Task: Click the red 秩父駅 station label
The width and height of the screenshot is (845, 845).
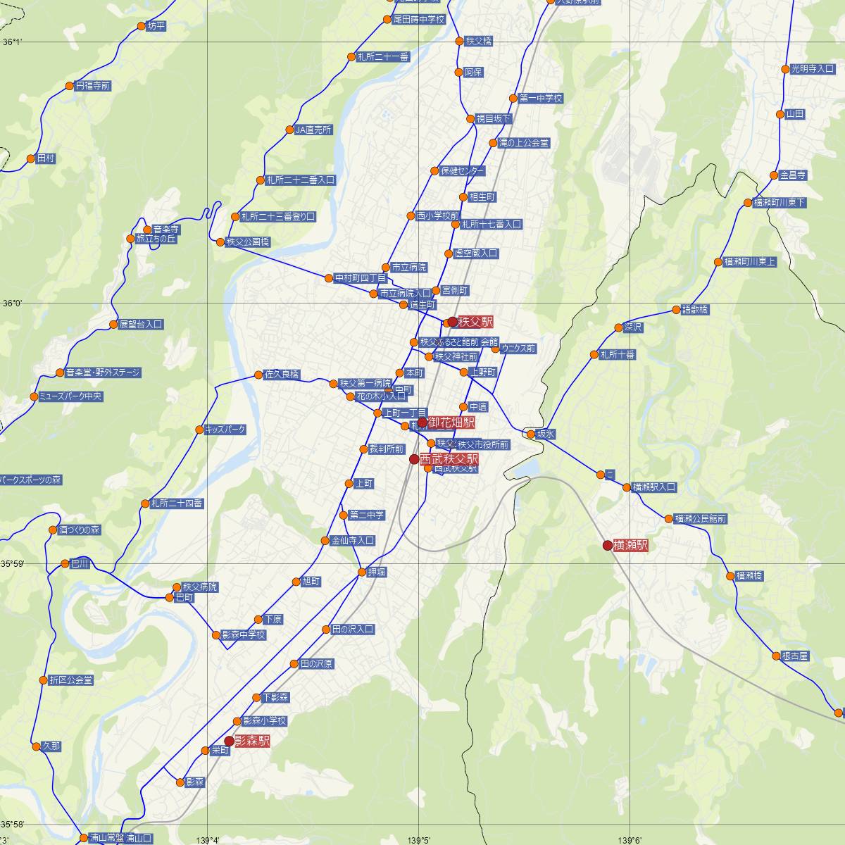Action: [475, 322]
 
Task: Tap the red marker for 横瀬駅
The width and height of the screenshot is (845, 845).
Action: [608, 545]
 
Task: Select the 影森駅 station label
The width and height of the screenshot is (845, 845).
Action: [252, 741]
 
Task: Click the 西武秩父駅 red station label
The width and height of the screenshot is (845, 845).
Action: [449, 458]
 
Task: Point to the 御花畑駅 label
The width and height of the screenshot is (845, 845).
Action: [451, 422]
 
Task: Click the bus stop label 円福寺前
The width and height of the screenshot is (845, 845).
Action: [93, 86]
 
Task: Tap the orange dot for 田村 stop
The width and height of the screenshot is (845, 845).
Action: [31, 158]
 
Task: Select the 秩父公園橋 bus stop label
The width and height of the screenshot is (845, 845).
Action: [247, 242]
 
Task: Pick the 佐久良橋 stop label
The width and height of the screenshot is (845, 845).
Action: [282, 374]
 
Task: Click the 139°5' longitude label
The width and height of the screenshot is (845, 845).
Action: [419, 839]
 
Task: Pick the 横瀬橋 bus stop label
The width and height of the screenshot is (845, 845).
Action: [749, 575]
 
